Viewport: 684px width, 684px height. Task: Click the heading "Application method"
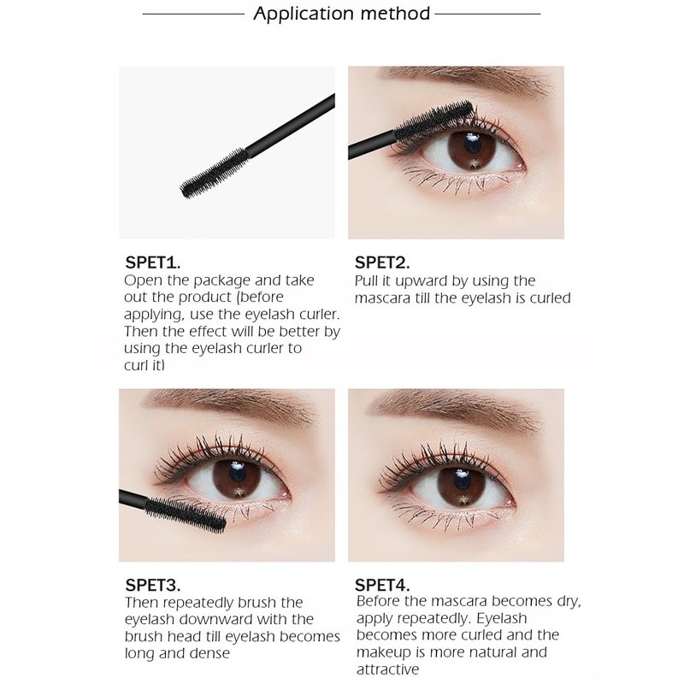pyautogui.click(x=341, y=14)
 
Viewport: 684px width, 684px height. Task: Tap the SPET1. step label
pyautogui.click(x=153, y=262)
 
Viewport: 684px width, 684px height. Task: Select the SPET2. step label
pyautogui.click(x=382, y=262)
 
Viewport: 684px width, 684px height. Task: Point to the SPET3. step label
pyautogui.click(x=153, y=585)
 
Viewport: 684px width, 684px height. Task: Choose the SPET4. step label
pyautogui.click(x=382, y=585)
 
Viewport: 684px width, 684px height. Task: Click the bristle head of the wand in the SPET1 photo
pyautogui.click(x=215, y=173)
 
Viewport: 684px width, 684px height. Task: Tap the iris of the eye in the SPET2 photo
pyautogui.click(x=472, y=151)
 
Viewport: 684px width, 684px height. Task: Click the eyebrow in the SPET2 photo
pyautogui.click(x=467, y=80)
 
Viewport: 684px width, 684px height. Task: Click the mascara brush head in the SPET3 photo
pyautogui.click(x=186, y=516)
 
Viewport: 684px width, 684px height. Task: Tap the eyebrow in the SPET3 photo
pyautogui.click(x=231, y=405)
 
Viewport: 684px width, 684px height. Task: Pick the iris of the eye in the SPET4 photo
pyautogui.click(x=461, y=486)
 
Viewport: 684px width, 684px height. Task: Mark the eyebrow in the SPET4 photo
pyautogui.click(x=456, y=410)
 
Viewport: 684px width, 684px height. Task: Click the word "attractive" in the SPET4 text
pyautogui.click(x=387, y=669)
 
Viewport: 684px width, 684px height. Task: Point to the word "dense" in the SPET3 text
pyautogui.click(x=209, y=653)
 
